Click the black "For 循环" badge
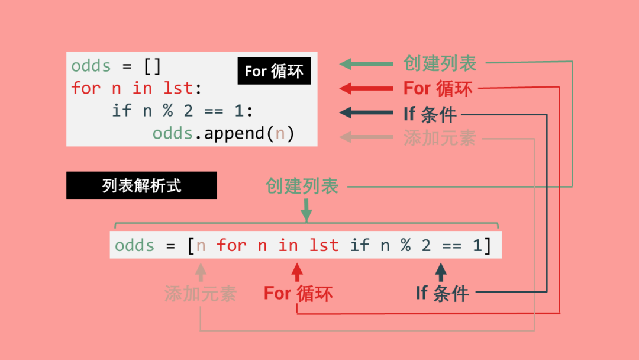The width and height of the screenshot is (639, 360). tap(274, 71)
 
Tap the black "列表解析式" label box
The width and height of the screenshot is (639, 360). tap(141, 185)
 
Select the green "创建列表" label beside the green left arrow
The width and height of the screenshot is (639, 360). tap(440, 63)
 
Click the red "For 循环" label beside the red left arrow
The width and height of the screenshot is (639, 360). tap(438, 89)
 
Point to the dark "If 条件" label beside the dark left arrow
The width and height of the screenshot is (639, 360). tap(430, 114)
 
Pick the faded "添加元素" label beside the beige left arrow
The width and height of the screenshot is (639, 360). tap(440, 138)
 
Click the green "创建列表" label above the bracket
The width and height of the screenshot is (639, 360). tap(302, 187)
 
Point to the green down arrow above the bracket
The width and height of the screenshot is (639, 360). tap(306, 210)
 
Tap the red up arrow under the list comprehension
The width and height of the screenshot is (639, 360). tap(297, 272)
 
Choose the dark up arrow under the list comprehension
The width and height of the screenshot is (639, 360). tap(441, 272)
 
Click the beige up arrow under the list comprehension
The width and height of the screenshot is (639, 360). tap(201, 272)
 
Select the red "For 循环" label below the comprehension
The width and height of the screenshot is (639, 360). tap(298, 293)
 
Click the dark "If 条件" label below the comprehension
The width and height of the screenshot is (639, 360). tap(442, 292)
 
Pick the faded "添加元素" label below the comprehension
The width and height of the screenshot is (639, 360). tap(201, 294)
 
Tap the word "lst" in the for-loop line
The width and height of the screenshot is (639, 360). tap(178, 88)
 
